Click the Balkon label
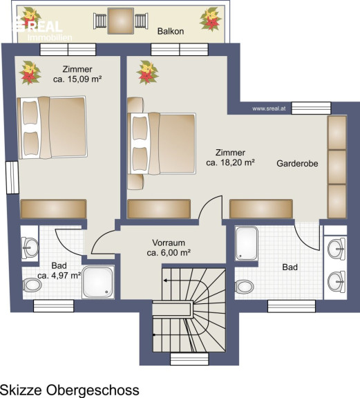pos(171,31)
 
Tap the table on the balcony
pos(121,21)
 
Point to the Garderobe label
pos(297,164)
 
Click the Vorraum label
pos(169,243)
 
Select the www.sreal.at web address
pos(269,108)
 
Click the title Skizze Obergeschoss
pos(70,390)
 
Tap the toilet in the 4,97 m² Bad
pos(32,285)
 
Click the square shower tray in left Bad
pos(98,282)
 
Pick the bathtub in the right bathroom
pos(247,243)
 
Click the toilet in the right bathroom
pos(244,287)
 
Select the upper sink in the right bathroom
pos(337,249)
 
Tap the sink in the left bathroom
pos(30,247)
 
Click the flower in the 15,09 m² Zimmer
pos(30,73)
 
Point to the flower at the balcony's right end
pos(211,19)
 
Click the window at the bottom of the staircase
pos(189,359)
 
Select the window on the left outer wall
pos(12,178)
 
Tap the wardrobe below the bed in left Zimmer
pos(54,209)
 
